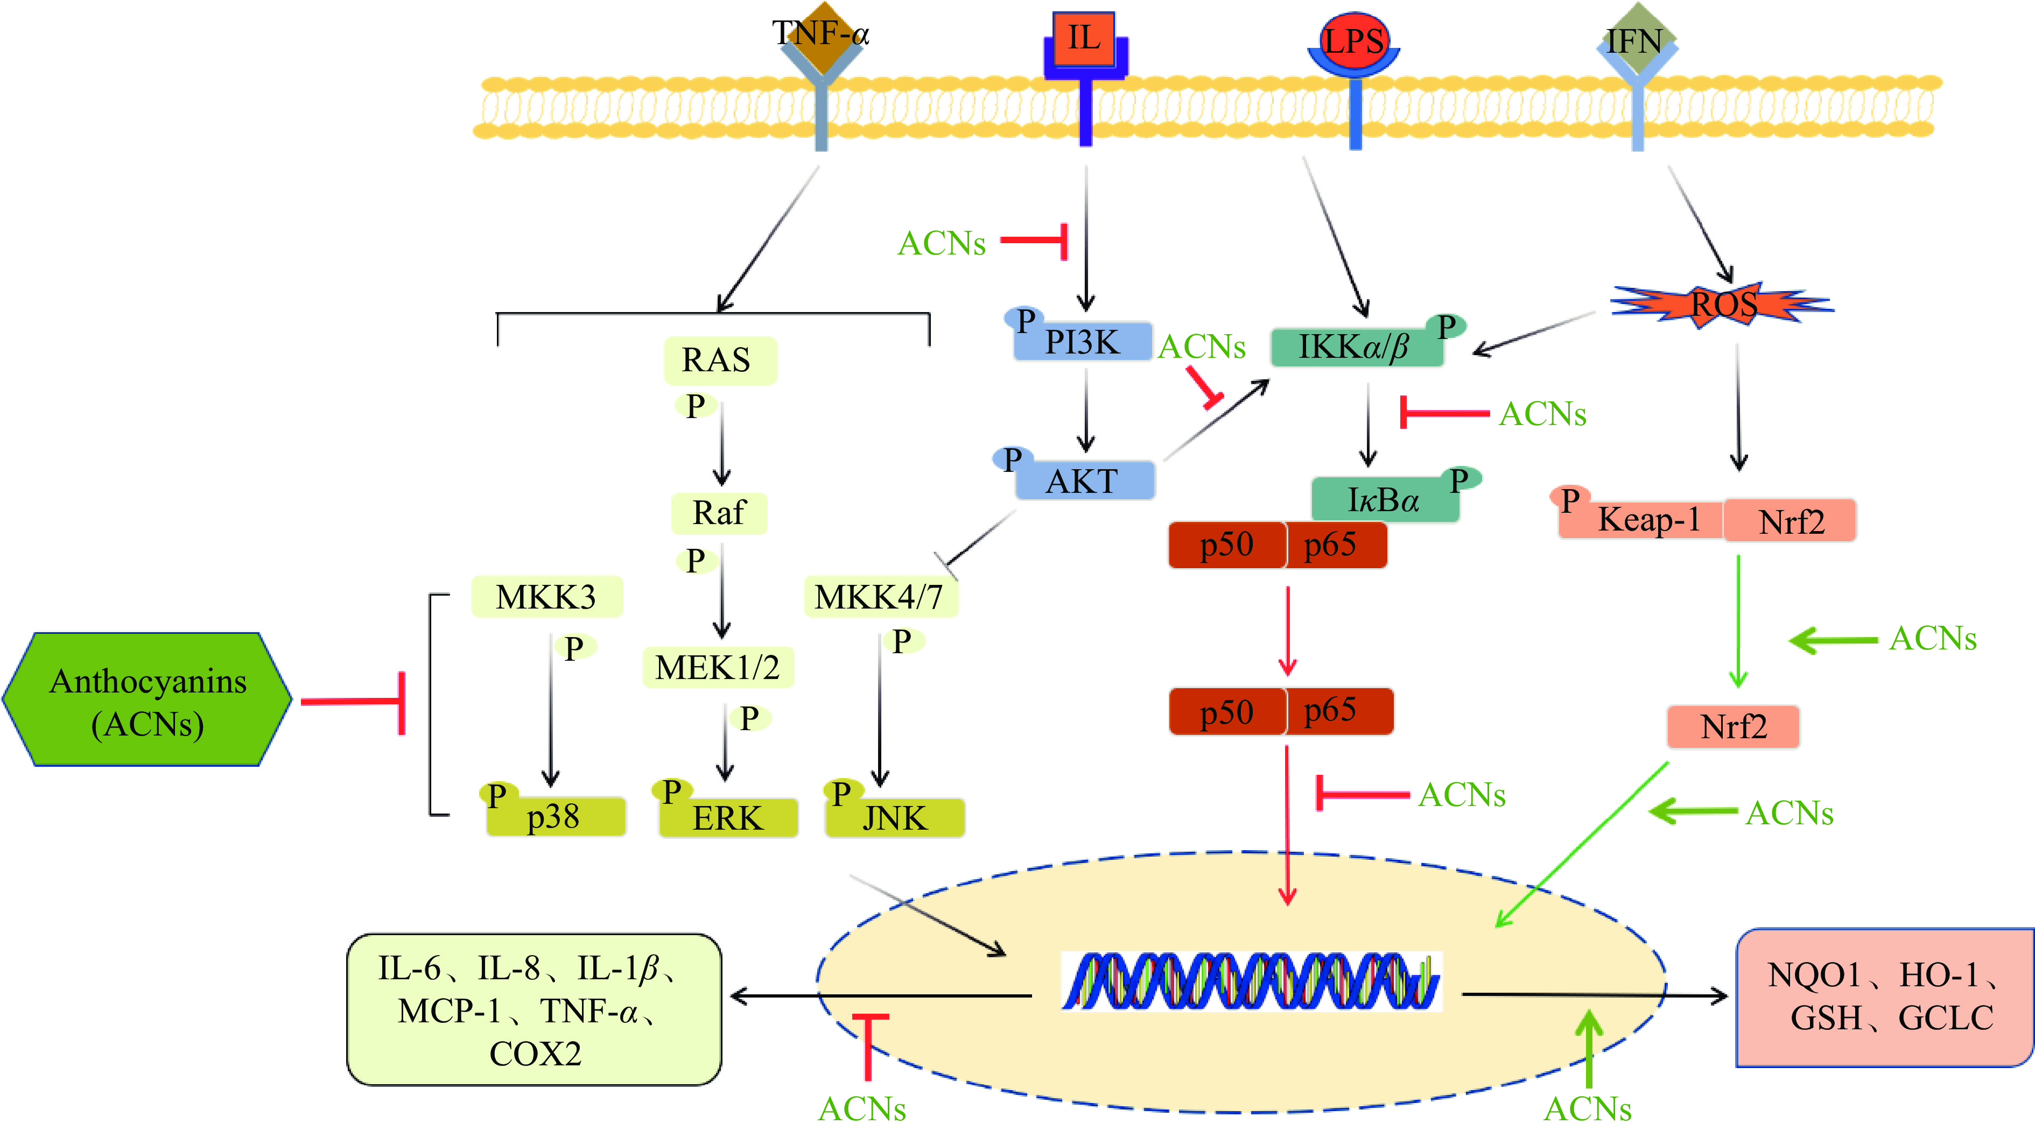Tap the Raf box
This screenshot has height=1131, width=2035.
click(x=719, y=513)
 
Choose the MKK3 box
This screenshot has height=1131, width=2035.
click(x=546, y=597)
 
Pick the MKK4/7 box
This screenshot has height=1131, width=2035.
click(x=880, y=597)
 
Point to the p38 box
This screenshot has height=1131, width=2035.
click(x=556, y=817)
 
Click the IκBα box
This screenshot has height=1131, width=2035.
click(x=1384, y=500)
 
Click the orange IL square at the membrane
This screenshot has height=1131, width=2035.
click(x=1083, y=38)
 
